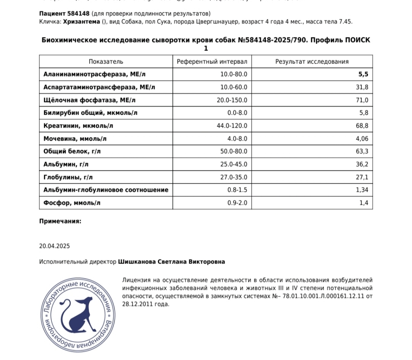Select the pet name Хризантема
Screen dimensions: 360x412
coord(81,22)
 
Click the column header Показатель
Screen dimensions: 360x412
coord(106,62)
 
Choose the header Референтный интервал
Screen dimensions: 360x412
coord(211,62)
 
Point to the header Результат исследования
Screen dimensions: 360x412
coord(312,62)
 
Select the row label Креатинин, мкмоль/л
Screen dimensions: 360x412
coord(78,126)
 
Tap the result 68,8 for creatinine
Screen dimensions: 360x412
coord(362,126)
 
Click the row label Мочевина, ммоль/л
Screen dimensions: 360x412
coord(75,139)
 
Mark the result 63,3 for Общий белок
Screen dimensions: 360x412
coord(362,152)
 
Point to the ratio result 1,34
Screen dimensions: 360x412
coord(362,190)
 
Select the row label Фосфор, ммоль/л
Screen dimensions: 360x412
coord(72,203)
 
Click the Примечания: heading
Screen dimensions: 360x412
coord(60,221)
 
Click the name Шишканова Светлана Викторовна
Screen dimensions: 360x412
coord(171,262)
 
